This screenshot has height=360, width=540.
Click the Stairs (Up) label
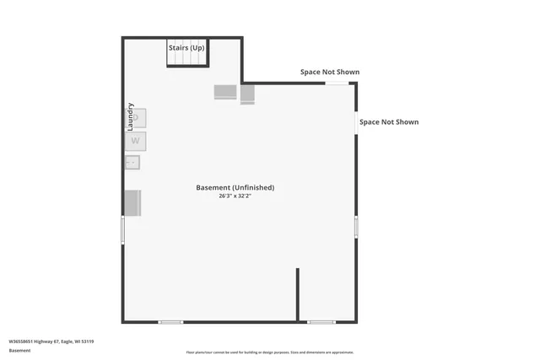[186, 48]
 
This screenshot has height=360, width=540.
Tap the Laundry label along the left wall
[131, 116]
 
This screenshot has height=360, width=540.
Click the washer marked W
[136, 141]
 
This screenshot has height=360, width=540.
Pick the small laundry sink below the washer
[132, 163]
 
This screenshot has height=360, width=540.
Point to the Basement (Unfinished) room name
[235, 187]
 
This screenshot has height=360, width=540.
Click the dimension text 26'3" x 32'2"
[235, 196]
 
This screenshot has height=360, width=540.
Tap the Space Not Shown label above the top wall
[330, 72]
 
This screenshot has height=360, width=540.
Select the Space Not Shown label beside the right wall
[389, 122]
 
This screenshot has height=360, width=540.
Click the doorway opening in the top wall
[337, 83]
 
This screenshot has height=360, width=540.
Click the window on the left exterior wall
[123, 229]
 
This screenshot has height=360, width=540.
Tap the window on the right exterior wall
[356, 226]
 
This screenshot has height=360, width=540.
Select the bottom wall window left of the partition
[170, 321]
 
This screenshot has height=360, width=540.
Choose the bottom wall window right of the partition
[321, 321]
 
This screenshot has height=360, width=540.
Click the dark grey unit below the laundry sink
[133, 203]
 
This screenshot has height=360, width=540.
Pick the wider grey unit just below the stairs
[225, 92]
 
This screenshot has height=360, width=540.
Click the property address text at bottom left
[51, 341]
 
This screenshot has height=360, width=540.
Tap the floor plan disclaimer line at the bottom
[270, 352]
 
